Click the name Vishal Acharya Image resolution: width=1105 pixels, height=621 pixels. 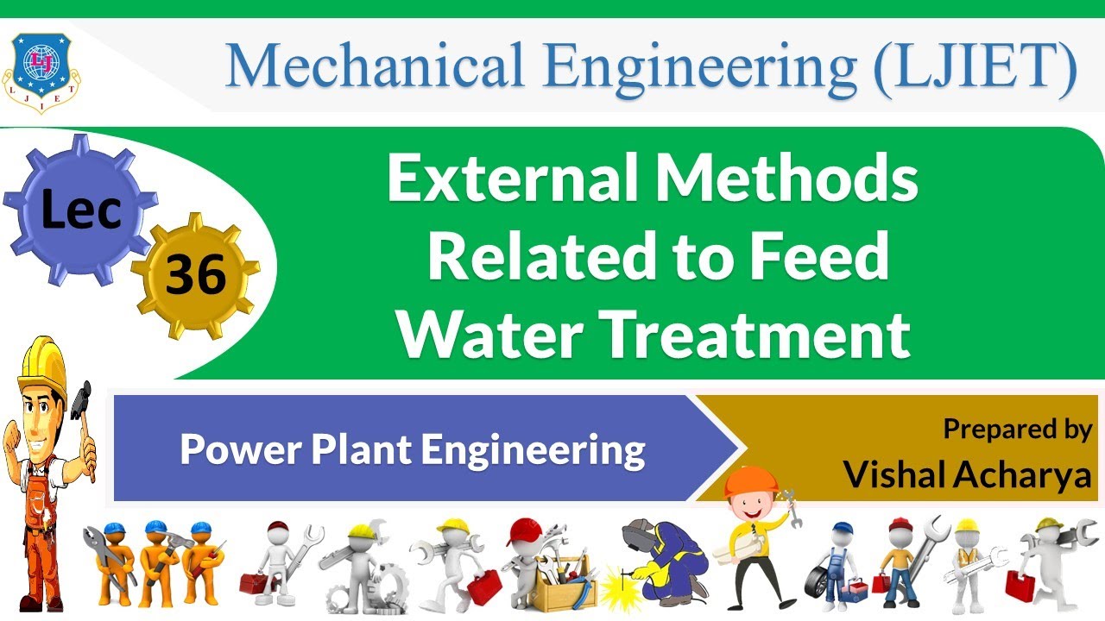pyautogui.click(x=967, y=474)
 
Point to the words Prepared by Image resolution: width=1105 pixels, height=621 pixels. pyautogui.click(x=1017, y=429)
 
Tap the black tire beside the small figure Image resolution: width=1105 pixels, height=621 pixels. pyautogui.click(x=818, y=585)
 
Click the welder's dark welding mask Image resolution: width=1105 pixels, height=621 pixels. pyautogui.click(x=640, y=533)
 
